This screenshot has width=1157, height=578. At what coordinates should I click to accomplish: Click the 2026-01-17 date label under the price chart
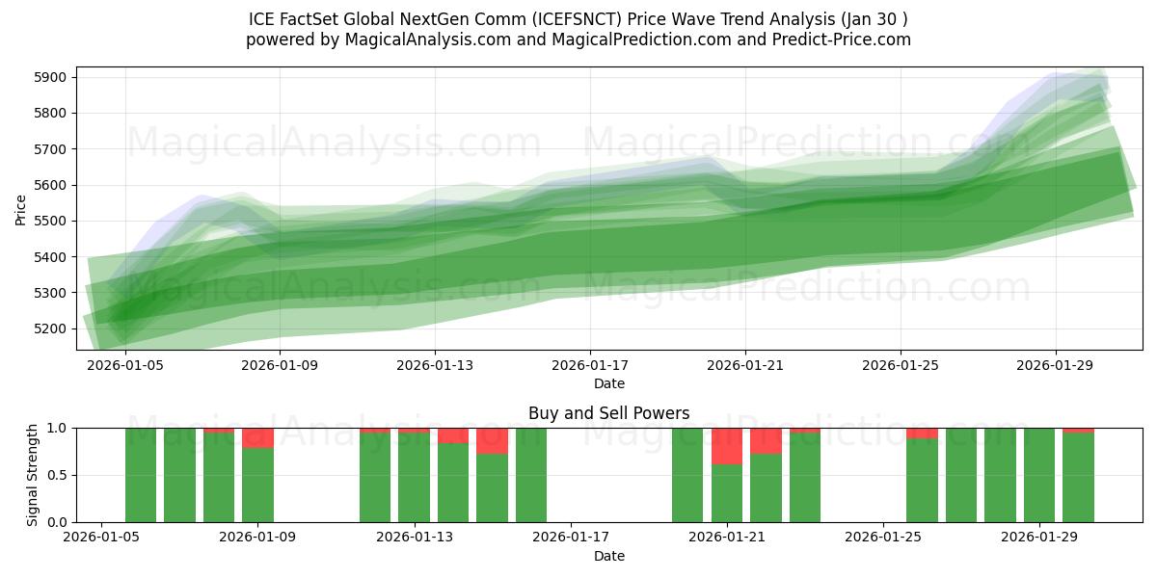[590, 366]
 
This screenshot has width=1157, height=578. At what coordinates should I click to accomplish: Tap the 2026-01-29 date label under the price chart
[1055, 366]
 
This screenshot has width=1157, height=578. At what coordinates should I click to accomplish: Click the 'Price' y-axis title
[20, 208]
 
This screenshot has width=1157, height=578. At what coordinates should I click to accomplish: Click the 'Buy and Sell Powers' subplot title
[608, 413]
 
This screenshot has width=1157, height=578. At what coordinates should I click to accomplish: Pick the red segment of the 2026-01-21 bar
[727, 446]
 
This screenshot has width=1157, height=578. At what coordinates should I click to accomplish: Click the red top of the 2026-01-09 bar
[257, 438]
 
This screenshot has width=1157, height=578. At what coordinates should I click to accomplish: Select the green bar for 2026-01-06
[179, 475]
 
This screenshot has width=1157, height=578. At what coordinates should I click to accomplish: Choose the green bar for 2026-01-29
[1039, 475]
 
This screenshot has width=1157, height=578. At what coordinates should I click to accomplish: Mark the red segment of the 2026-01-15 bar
[492, 441]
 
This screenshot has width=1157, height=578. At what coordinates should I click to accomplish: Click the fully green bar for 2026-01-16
[531, 475]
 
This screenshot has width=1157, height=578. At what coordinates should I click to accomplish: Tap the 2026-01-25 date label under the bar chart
[883, 538]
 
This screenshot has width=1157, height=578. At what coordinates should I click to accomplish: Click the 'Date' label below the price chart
[608, 383]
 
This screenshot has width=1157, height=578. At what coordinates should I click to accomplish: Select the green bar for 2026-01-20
[687, 475]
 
